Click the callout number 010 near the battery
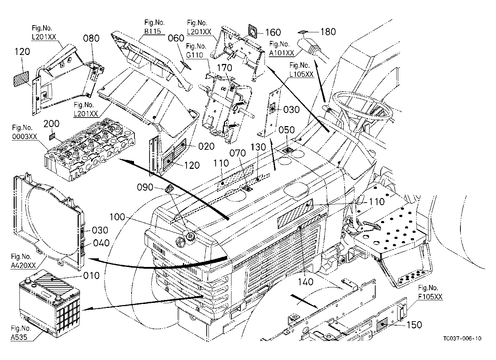tap(91, 276)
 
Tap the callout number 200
tap(51, 124)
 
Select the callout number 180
tap(328, 32)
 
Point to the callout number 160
tap(273, 33)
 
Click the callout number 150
tap(414, 325)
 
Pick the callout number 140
tap(306, 282)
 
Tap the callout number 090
tap(145, 187)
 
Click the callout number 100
tap(118, 217)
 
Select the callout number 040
tap(101, 243)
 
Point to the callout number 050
tap(286, 130)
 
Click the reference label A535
tap(19, 337)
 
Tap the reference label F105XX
tap(430, 296)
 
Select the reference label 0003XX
tap(24, 137)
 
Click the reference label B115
tap(152, 31)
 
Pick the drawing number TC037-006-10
tap(462, 338)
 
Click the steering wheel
tap(362, 104)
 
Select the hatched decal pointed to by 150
tap(382, 324)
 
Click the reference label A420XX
tap(23, 266)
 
